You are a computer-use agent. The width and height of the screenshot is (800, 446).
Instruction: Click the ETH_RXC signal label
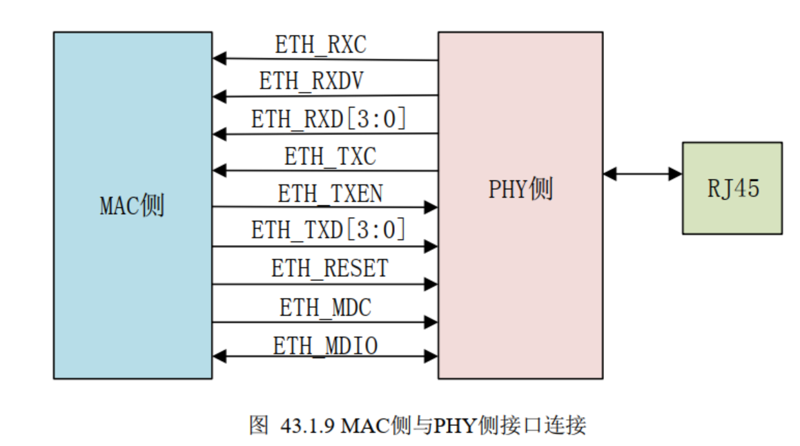[321, 46]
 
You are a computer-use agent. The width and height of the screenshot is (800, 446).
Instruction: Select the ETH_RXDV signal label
[311, 81]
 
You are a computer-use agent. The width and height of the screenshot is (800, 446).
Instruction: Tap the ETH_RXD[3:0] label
[329, 119]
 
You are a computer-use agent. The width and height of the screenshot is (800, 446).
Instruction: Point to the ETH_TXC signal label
[330, 157]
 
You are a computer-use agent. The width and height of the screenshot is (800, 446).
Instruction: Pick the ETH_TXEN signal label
[330, 194]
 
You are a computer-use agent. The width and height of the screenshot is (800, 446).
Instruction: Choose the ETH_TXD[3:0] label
[329, 230]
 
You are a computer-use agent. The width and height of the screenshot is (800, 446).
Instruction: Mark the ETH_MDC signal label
[325, 307]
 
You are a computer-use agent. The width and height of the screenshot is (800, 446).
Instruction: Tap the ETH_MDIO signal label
[325, 345]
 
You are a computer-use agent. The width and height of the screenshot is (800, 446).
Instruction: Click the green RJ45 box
[732, 188]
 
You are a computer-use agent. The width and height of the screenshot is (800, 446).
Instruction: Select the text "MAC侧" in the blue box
[133, 206]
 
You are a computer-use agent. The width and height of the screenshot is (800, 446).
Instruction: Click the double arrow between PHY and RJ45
[642, 174]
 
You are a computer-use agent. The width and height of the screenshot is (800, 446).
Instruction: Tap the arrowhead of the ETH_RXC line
[219, 59]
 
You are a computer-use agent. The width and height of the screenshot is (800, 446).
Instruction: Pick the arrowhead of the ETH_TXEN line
[431, 206]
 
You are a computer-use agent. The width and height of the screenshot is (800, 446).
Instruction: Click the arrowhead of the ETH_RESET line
[431, 284]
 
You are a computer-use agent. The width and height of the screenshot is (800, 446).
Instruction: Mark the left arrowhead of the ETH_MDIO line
[219, 356]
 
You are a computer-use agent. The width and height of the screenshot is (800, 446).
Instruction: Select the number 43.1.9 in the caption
[309, 425]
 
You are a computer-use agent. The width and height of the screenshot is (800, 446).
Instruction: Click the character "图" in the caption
[258, 425]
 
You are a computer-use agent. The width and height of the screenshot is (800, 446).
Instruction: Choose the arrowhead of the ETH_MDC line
[431, 322]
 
